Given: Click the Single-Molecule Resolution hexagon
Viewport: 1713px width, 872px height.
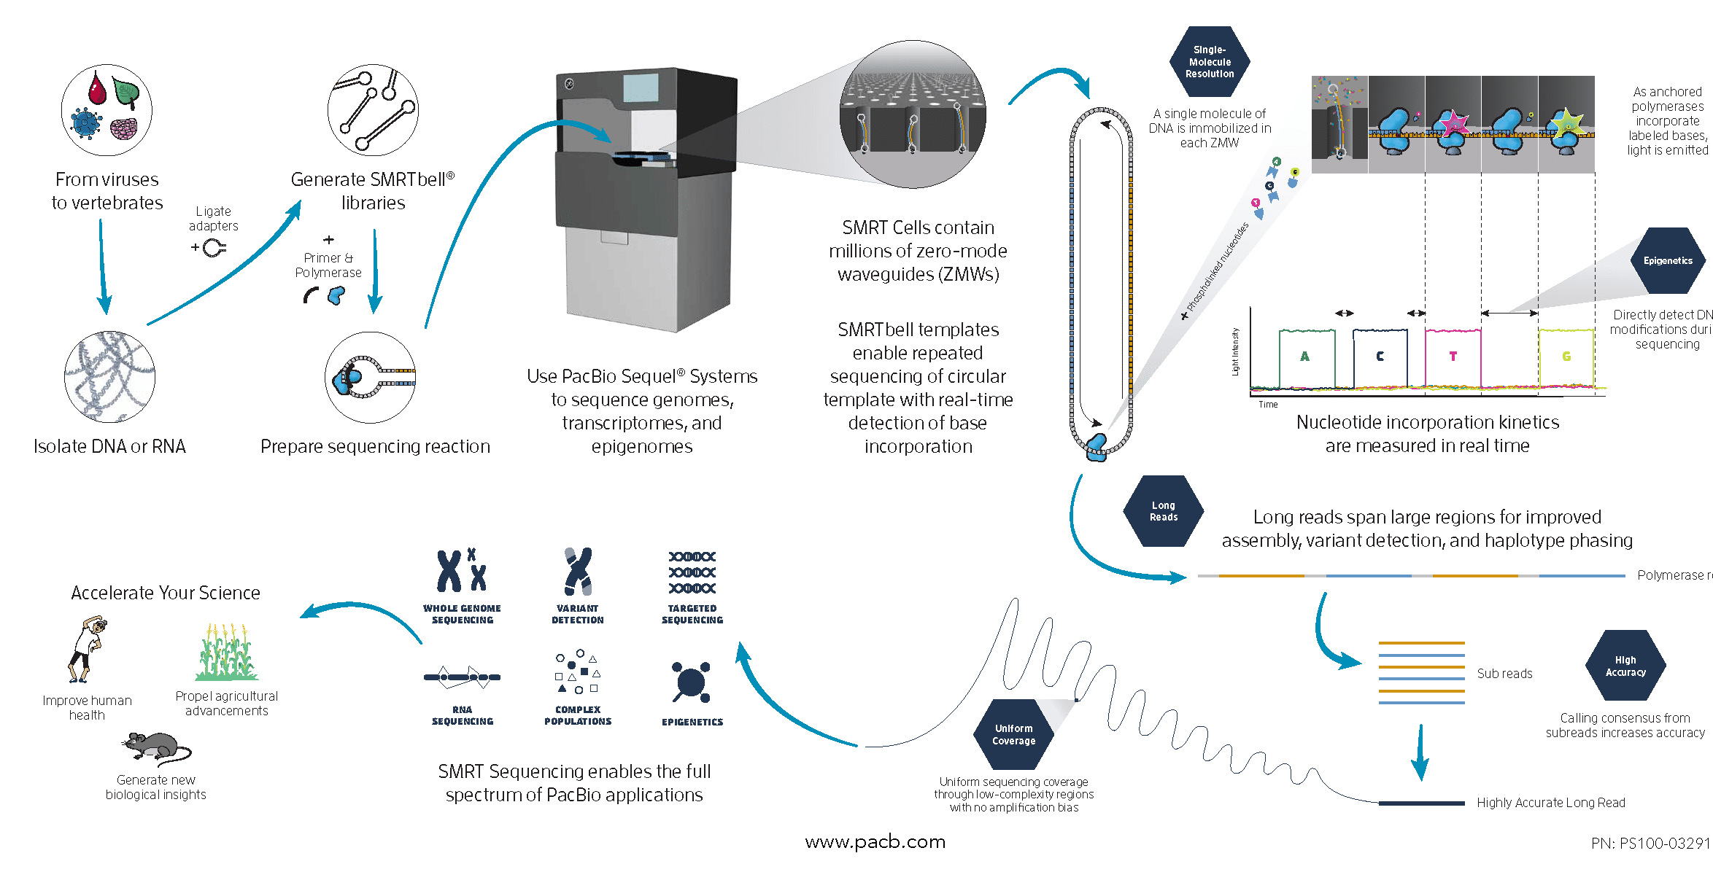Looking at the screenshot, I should [1209, 62].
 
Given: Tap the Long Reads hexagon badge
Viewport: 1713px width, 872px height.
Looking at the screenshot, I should [1163, 511].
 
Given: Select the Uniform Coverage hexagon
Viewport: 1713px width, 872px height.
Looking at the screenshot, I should [1013, 734].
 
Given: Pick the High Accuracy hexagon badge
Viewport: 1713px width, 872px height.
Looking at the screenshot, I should [1625, 666].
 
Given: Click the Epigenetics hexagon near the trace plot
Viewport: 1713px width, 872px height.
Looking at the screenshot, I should [1667, 260].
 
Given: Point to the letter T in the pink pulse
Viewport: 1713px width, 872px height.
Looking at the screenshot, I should [1453, 357].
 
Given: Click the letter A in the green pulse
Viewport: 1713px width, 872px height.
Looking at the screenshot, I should [1304, 357].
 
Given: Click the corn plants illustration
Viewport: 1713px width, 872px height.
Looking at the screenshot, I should [227, 653].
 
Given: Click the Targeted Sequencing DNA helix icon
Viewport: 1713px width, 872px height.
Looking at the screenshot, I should [692, 572].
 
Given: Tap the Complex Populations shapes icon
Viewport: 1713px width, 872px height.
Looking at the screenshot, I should [577, 671].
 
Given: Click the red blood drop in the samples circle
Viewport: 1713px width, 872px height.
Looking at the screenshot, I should [97, 89].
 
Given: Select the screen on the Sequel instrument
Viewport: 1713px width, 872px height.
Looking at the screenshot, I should [641, 88].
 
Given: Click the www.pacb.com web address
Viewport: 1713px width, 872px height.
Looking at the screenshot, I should [875, 842].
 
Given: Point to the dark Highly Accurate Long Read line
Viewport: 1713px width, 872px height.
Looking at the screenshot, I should [1420, 803].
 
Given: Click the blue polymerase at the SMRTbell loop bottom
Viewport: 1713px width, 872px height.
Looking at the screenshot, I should [1097, 447].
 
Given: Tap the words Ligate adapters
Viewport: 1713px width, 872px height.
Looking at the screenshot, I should [214, 219].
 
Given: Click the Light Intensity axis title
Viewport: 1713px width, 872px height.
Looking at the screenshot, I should [1235, 351].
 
